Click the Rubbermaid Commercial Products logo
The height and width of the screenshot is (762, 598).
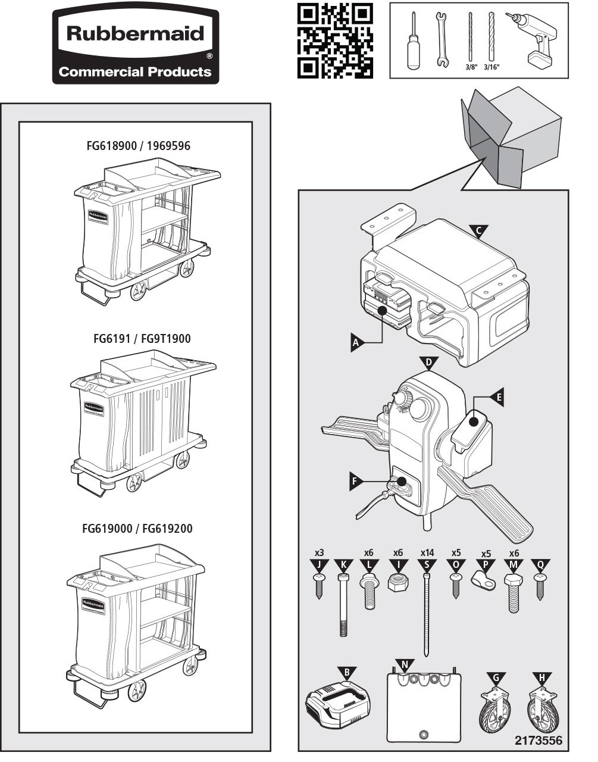pyautogui.click(x=136, y=46)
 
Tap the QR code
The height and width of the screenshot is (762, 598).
pyautogui.click(x=335, y=40)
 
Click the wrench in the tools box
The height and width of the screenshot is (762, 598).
pyautogui.click(x=441, y=39)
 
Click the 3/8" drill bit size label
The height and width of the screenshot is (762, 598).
pyautogui.click(x=471, y=68)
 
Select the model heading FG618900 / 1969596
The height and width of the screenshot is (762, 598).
pyautogui.click(x=138, y=146)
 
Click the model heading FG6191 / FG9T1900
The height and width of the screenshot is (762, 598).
pyautogui.click(x=142, y=339)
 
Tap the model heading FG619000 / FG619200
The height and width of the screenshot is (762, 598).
pyautogui.click(x=137, y=529)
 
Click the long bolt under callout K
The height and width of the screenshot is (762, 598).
pyautogui.click(x=343, y=604)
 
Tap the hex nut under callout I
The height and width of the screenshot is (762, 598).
pyautogui.click(x=397, y=582)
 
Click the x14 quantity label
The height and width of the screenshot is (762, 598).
pyautogui.click(x=427, y=553)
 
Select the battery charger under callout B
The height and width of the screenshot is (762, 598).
pyautogui.click(x=338, y=708)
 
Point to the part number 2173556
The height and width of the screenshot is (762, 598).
pyautogui.click(x=538, y=741)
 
